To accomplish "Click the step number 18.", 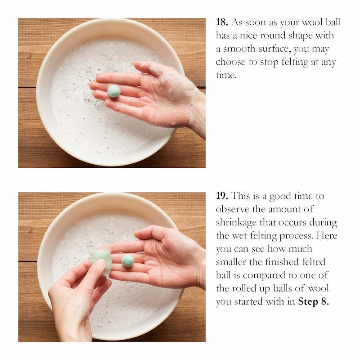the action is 222,22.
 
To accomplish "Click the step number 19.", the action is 222,196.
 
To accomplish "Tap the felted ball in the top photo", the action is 114,91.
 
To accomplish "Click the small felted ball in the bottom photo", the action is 128,261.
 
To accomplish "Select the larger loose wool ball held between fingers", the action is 102,262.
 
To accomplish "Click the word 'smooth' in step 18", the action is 239,49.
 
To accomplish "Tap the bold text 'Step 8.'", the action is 313,301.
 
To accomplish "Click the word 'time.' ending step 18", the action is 226,75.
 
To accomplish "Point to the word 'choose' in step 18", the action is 231,62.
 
